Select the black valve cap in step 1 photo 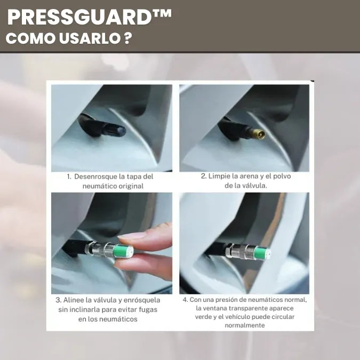tap(113, 130)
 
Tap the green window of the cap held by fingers tap(123, 251)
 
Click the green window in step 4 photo tap(263, 253)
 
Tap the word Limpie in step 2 tap(219, 176)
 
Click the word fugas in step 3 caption tap(148, 310)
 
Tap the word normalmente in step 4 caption tap(245, 325)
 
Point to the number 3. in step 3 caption tap(58, 300)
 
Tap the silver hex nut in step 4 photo tap(229, 250)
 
